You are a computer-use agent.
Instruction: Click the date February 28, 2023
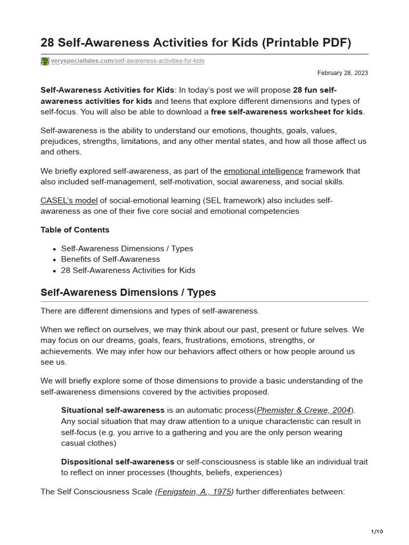coord(342,73)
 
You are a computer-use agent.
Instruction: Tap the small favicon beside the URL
coord(45,61)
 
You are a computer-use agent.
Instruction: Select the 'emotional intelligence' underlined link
coord(263,171)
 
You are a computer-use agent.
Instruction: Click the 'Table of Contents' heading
coord(75,230)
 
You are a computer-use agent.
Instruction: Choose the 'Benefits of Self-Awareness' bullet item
coord(110,259)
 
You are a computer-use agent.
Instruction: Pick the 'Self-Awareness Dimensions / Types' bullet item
coord(127,249)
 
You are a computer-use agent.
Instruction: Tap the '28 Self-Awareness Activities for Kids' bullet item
coord(128,270)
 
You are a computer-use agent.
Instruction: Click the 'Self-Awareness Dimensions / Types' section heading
coord(128,293)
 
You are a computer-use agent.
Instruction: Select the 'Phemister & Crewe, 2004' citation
coord(304,410)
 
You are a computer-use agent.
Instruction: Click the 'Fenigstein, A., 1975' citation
coord(194,492)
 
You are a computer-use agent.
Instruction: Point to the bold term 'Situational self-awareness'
coord(113,410)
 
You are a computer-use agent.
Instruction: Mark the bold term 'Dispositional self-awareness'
coord(118,461)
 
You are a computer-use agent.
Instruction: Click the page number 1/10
coord(377,532)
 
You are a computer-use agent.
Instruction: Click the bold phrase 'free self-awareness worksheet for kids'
coord(287,112)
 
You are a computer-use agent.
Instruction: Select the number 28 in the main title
coord(48,43)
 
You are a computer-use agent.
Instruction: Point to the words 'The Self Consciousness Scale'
coord(96,492)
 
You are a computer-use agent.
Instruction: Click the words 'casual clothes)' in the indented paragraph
coord(88,443)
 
